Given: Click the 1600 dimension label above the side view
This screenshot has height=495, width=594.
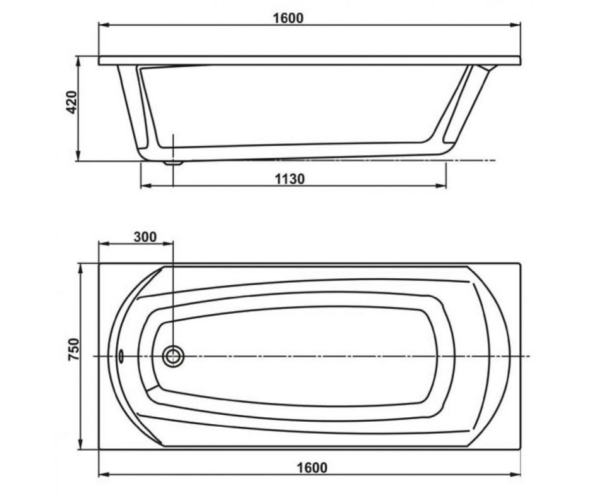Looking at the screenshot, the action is pos(288,18).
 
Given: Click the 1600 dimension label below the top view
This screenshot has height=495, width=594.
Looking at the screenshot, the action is pos(312,468).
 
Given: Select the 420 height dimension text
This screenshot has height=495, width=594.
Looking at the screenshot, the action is pos(71,102).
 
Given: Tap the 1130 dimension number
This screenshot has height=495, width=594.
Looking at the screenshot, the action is pos(290,179).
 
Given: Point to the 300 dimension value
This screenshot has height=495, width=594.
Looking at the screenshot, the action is pos(145,237).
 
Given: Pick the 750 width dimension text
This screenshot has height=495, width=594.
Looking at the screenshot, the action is pos(74,349).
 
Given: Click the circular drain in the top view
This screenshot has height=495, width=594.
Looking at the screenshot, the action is pos(173,356).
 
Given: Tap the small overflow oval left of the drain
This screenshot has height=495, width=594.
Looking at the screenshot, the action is pos(121,356).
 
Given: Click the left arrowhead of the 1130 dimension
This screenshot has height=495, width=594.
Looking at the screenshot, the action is pos(146,186).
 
